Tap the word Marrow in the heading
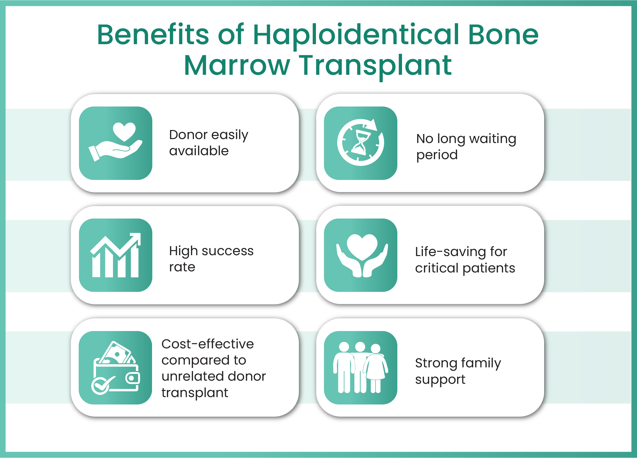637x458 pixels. tap(237, 65)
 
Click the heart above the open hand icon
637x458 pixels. tap(124, 131)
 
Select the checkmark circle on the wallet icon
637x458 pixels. tap(101, 385)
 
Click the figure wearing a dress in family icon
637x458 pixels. tap(376, 368)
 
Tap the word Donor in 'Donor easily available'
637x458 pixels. tap(188, 135)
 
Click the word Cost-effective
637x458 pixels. tap(208, 344)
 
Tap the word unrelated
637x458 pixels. tap(193, 376)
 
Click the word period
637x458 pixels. tap(437, 155)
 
